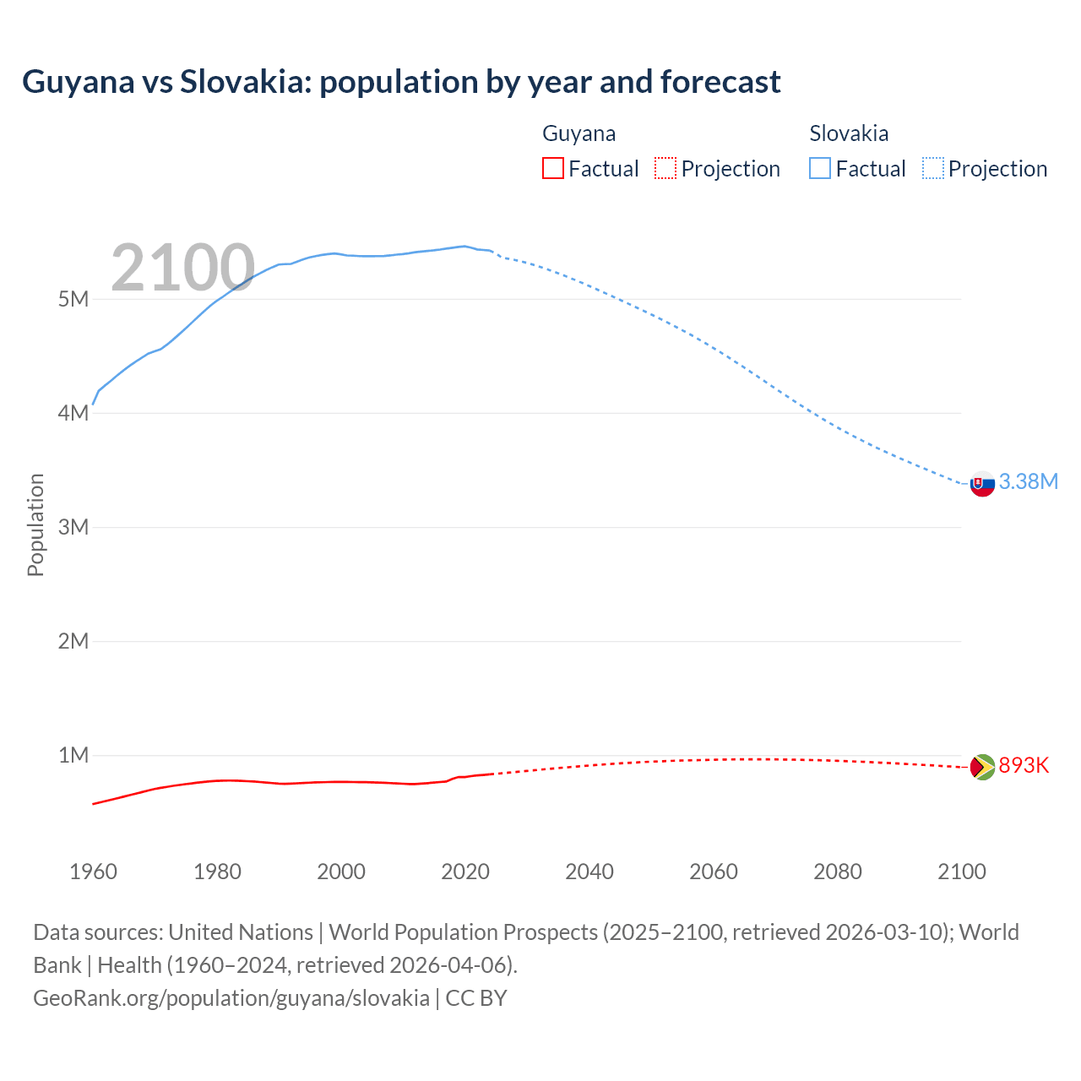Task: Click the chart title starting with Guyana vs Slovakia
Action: [x=401, y=82]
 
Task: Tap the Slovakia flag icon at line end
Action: [x=982, y=484]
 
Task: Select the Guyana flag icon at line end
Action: [x=982, y=767]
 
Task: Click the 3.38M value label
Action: [x=1028, y=481]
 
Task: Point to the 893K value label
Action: [x=1024, y=765]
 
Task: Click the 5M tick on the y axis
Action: [x=73, y=299]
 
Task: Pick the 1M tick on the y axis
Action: [x=73, y=755]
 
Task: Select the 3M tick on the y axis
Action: [x=73, y=527]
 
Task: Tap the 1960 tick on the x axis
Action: [x=93, y=872]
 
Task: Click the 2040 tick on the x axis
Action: [x=589, y=872]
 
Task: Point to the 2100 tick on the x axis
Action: [x=961, y=872]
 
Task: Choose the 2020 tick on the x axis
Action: [x=465, y=872]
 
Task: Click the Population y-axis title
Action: [x=35, y=524]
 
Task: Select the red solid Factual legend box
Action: [x=553, y=169]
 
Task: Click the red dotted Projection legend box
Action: [x=665, y=169]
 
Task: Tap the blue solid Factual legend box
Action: [x=820, y=169]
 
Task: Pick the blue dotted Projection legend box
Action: [x=932, y=169]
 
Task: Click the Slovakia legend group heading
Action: [x=849, y=133]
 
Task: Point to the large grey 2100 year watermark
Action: [x=182, y=268]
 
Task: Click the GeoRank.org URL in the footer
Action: [x=231, y=998]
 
